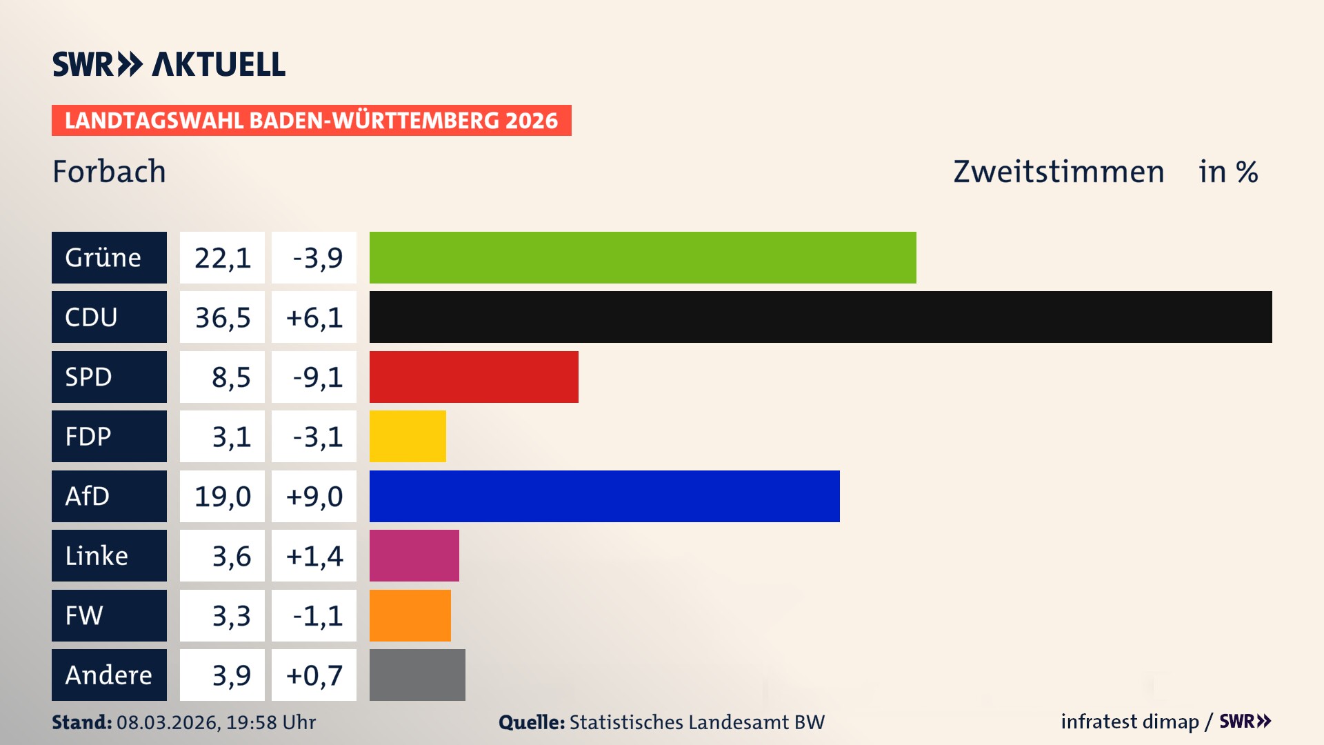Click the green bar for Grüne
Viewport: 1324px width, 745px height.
643,257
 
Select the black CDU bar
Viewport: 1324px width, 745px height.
821,317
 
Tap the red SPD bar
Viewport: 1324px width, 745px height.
474,377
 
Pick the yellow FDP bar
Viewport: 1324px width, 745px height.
408,437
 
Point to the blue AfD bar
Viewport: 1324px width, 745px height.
604,496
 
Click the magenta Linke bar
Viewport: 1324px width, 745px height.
414,556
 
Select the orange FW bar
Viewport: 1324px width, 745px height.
410,615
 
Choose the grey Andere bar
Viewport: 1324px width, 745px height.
417,675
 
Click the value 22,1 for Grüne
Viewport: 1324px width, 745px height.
222,258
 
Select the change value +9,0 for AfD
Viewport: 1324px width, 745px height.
314,497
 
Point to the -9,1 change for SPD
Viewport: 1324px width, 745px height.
317,377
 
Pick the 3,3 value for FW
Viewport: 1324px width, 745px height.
230,616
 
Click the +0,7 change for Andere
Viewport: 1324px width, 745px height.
314,675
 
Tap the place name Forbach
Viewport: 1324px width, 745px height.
109,172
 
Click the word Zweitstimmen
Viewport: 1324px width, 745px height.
1059,172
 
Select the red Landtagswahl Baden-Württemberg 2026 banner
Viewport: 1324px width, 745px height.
311,121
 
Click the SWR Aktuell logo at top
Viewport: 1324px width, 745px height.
169,64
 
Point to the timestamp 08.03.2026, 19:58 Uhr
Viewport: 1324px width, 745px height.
216,722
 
